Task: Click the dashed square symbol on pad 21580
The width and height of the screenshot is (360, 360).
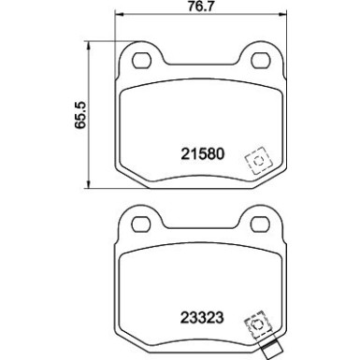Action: click(x=253, y=161)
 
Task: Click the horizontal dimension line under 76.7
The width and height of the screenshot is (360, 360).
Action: click(x=196, y=27)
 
